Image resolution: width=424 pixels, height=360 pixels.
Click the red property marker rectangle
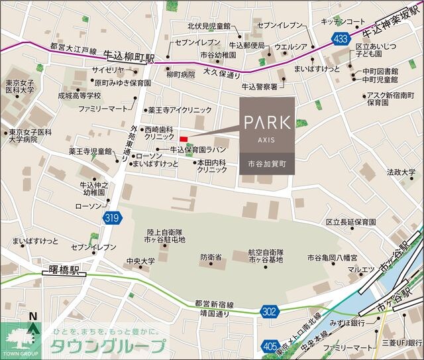pos(184,139)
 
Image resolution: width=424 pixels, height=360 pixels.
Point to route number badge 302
pos(269,310)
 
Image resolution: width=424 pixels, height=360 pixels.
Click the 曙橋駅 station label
pos(64,271)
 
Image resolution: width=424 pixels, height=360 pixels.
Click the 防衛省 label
pos(212,257)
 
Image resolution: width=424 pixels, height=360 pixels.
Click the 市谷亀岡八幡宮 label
pos(332,257)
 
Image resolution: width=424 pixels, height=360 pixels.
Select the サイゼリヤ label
pos(108,70)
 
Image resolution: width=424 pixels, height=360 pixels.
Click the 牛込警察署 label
pos(260,86)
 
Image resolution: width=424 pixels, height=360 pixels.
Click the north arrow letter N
pos(30,317)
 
